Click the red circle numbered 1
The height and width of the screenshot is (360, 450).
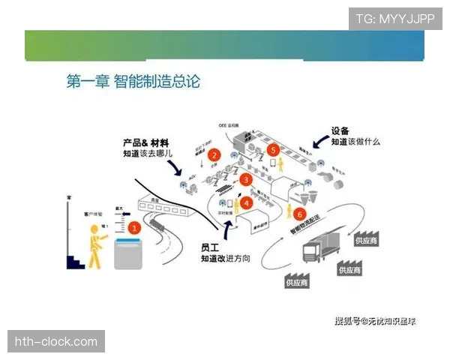[x=134, y=225]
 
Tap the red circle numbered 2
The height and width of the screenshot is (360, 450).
[x=214, y=156]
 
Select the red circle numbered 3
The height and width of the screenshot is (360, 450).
[x=245, y=180]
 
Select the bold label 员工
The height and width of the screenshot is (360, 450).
[x=211, y=247]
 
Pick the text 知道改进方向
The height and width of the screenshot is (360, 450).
[x=224, y=259]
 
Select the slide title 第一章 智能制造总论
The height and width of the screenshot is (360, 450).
[x=133, y=81]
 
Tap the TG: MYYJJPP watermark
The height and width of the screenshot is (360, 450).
[x=394, y=19]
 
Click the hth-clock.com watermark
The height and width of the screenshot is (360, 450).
[x=56, y=342]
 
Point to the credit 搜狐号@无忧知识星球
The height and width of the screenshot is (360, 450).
[x=375, y=321]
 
